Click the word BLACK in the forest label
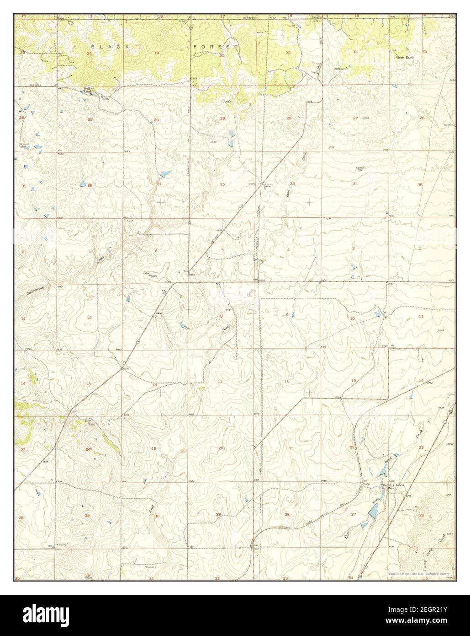point(105,47)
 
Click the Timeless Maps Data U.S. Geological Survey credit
point(419,573)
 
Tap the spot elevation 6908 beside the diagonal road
point(159,313)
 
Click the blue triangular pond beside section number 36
point(83,181)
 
